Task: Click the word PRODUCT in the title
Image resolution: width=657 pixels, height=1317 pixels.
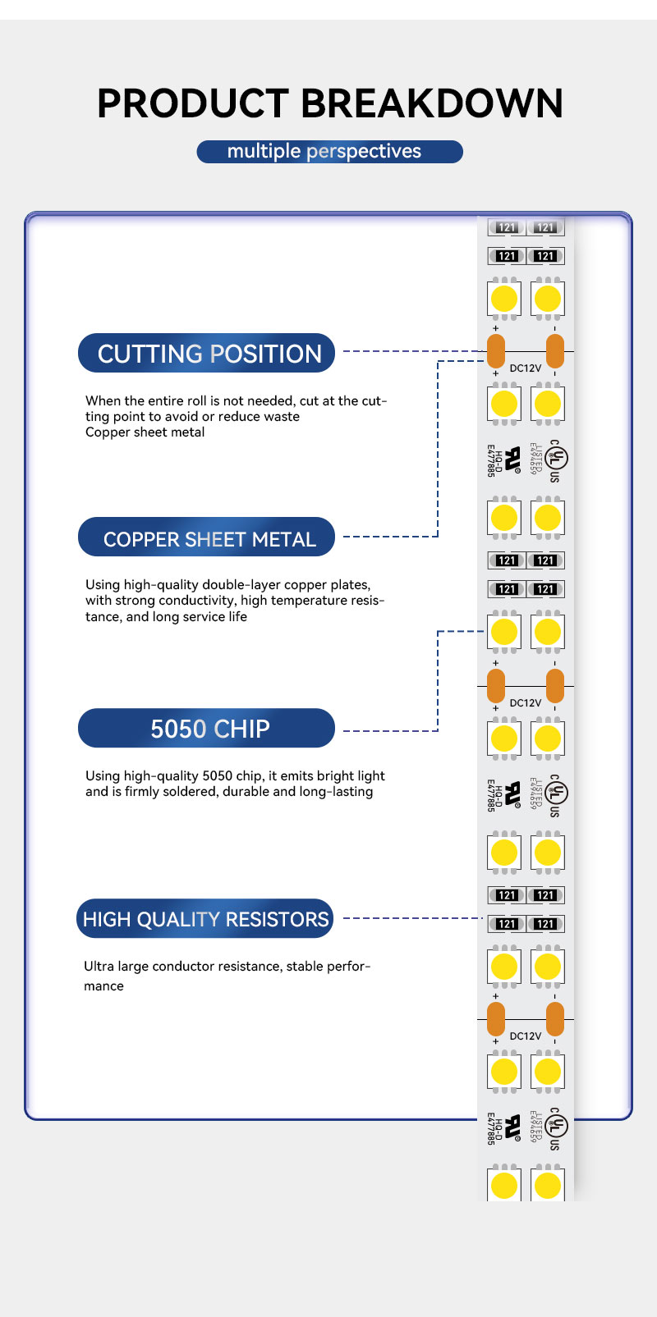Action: click(193, 103)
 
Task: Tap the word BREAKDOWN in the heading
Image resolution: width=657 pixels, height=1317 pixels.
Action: click(432, 103)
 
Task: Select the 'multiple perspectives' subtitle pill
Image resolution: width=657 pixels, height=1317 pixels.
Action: click(329, 152)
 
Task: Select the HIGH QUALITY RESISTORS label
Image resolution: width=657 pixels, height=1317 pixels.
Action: click(205, 919)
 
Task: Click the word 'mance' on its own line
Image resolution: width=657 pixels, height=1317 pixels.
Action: click(103, 985)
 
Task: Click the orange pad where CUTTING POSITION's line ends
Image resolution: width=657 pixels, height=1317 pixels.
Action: click(496, 351)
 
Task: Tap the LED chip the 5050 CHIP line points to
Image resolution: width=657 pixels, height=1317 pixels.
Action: click(504, 632)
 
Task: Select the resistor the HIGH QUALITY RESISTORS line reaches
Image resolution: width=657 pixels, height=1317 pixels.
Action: click(507, 924)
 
